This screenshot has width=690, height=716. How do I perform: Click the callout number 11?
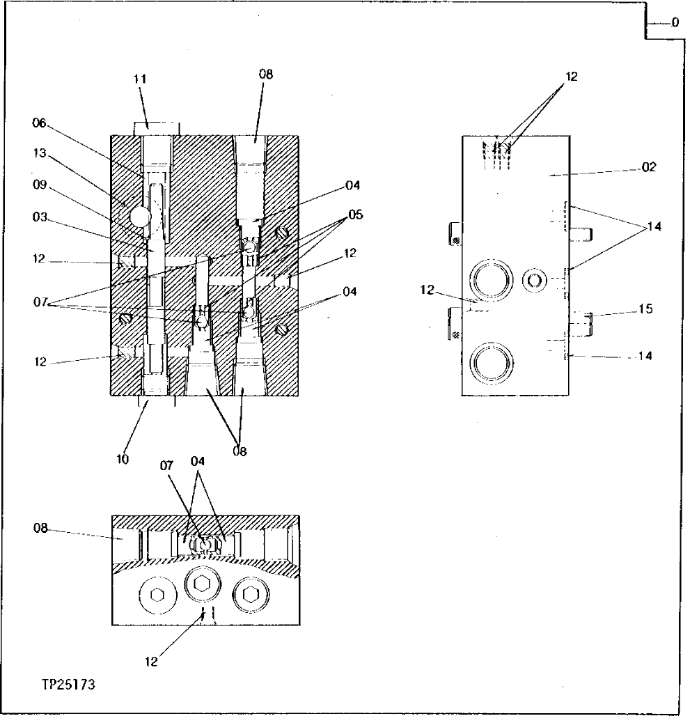coord(140,79)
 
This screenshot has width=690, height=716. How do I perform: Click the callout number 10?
coord(123,460)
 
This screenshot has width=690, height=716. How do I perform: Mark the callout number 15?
coord(645,309)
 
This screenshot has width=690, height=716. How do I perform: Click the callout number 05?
coord(356,215)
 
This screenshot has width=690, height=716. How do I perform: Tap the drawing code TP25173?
coord(68,685)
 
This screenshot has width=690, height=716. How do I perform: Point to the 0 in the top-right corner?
coord(675,22)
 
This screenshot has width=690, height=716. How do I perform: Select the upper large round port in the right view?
coord(491,281)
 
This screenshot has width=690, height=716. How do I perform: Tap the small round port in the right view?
coord(535,280)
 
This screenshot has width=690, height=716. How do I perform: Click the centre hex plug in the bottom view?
coord(202,584)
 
